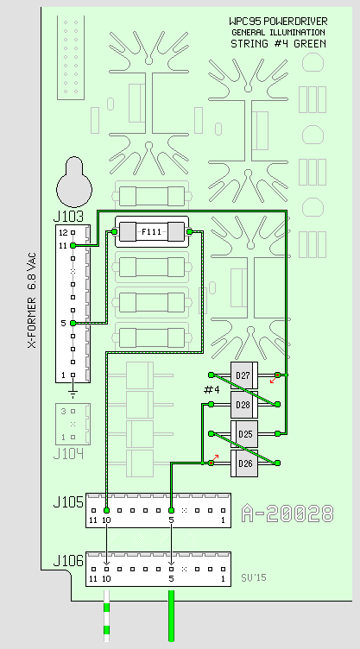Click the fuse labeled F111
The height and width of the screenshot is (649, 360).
(x=152, y=232)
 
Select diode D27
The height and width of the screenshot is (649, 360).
(x=244, y=375)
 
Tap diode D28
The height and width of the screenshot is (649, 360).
(x=244, y=405)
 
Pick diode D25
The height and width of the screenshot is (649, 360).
(x=244, y=434)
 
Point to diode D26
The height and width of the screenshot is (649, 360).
(x=244, y=463)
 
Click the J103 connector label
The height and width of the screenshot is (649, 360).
(x=68, y=217)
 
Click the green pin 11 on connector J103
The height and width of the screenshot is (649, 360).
(x=73, y=245)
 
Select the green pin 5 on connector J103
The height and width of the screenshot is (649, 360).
(x=73, y=323)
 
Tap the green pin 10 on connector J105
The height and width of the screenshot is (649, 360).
(x=106, y=510)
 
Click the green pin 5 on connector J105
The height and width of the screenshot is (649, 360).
(x=171, y=510)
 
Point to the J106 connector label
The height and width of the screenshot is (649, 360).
(x=68, y=561)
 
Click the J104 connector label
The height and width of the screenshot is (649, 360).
(x=68, y=454)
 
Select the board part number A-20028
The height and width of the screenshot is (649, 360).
(x=287, y=514)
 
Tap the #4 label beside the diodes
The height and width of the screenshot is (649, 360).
(x=212, y=390)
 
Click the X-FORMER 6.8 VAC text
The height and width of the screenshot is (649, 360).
(x=31, y=300)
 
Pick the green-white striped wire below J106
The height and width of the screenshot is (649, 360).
(x=106, y=616)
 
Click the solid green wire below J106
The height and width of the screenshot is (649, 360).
(x=171, y=616)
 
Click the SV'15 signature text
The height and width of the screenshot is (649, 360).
(x=254, y=577)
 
